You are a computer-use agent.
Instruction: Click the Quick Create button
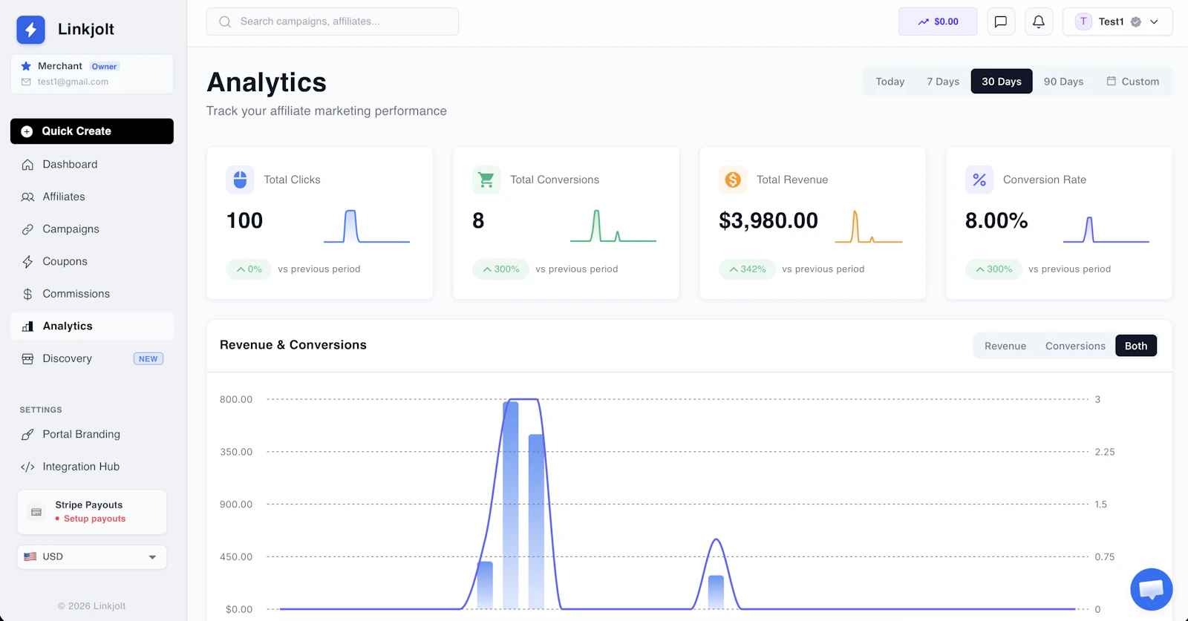point(92,131)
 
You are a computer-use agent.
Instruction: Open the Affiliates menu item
point(64,197)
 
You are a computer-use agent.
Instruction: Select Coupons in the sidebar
point(65,261)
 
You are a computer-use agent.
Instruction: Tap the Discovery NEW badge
point(148,358)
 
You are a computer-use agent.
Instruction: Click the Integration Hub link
point(81,466)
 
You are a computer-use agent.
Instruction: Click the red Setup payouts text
point(94,518)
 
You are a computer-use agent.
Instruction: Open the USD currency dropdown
point(92,557)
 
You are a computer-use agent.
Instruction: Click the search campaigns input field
point(333,22)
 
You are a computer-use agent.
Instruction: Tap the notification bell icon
point(1039,22)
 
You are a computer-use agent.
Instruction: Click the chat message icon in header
point(1001,22)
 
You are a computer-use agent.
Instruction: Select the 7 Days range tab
point(943,81)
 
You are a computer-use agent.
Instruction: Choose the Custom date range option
point(1133,81)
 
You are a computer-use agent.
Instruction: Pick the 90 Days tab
point(1063,81)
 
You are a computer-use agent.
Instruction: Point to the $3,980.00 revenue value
point(768,220)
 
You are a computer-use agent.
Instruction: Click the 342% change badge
point(747,269)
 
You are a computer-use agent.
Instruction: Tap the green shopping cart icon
point(486,180)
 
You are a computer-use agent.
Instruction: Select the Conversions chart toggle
point(1075,346)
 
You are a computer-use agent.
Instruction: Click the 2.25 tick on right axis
point(1105,452)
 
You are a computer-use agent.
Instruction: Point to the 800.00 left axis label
point(236,399)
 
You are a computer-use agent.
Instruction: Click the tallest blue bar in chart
point(510,505)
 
